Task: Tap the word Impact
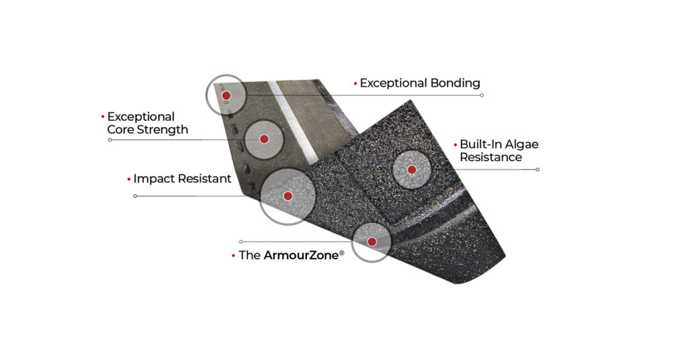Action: pos(153,179)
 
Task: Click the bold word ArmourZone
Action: pos(301,255)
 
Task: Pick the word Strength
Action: pos(163,130)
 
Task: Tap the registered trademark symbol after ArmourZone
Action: pos(342,253)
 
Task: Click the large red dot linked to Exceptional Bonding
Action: pos(226,95)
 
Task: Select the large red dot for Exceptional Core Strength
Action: pos(264,139)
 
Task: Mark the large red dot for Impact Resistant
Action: pos(288,196)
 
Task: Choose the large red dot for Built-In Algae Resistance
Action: pos(412,170)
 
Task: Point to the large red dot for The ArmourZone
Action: pos(372,242)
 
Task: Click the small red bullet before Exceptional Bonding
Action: pos(355,83)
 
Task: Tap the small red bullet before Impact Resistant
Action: pos(129,179)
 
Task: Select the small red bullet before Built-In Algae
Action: pos(456,144)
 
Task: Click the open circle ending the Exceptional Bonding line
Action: pos(482,95)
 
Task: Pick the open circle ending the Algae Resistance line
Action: pos(537,170)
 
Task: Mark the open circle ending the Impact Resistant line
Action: pos(135,196)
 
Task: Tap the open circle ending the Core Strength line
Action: pos(110,140)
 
